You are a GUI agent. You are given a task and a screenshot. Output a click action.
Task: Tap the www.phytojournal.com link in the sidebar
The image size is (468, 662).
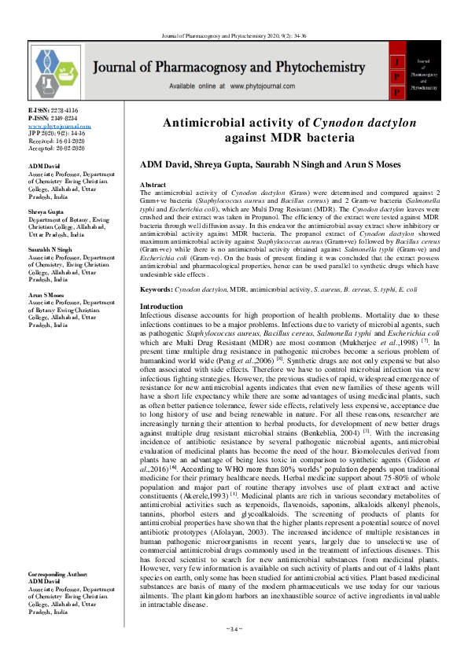pos(60,126)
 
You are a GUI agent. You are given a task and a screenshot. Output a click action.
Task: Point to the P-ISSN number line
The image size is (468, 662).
pos(53,119)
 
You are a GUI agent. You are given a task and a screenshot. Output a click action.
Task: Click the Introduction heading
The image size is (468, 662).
pos(161,306)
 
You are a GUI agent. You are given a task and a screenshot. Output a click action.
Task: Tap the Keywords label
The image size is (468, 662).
pos(156,291)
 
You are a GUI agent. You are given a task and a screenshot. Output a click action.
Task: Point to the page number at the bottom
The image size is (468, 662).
pos(234,649)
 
